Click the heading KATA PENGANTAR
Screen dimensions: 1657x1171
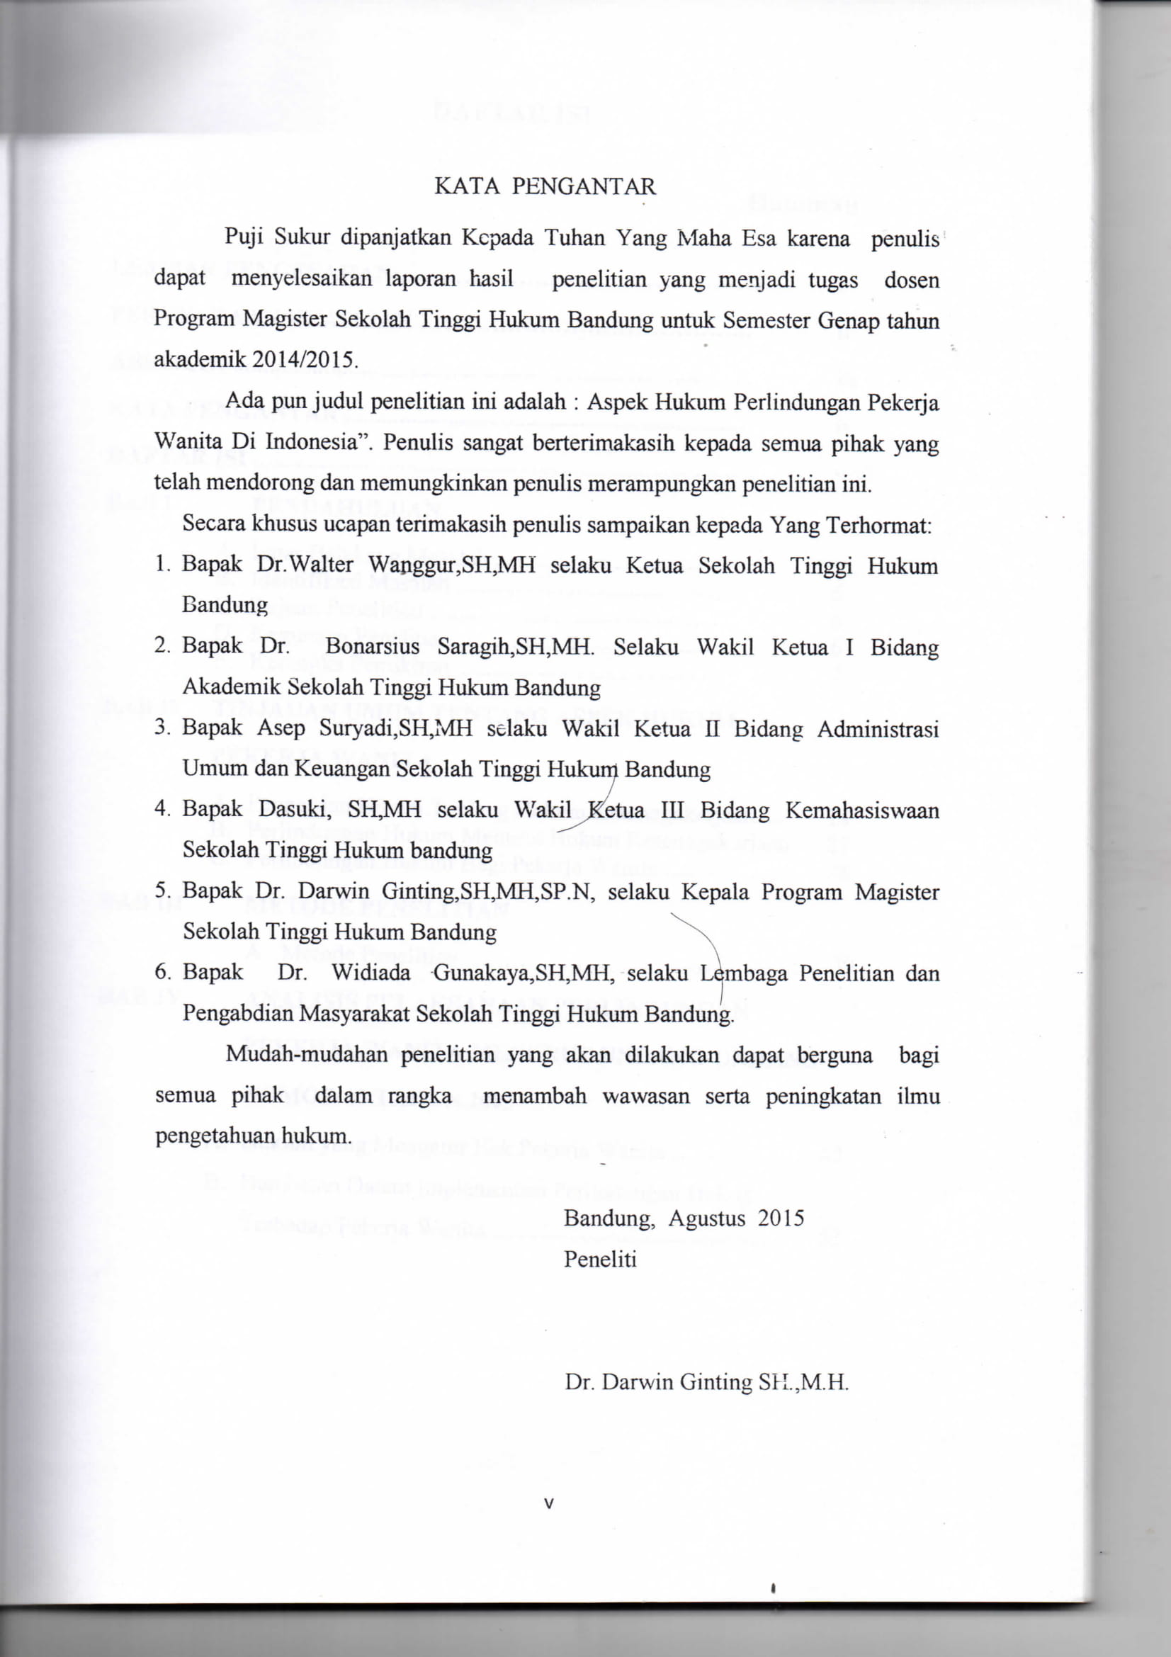pos(545,188)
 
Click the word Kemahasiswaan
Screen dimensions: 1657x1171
pos(861,810)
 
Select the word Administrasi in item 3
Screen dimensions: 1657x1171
pos(877,729)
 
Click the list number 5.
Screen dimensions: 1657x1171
pos(162,892)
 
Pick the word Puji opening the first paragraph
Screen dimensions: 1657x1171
pos(242,237)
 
